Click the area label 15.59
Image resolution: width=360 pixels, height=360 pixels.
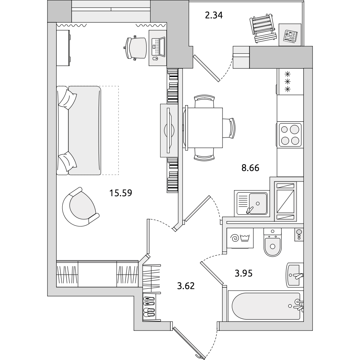click(121, 193)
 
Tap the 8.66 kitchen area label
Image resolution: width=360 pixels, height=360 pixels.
click(250, 168)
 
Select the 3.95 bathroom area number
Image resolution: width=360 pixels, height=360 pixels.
click(243, 273)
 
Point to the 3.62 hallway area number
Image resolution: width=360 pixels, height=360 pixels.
click(186, 286)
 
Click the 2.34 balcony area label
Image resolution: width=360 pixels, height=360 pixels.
click(214, 15)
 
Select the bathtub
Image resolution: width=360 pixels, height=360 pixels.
click(266, 306)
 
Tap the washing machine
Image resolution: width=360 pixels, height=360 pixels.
click(240, 238)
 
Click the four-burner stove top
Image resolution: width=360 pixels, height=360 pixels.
click(290, 135)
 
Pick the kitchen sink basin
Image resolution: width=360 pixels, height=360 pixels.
click(258, 203)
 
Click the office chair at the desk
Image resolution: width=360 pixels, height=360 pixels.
click(136, 48)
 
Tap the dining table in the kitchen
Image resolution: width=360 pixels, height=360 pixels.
click(203, 128)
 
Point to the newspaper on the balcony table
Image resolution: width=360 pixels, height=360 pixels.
click(290, 36)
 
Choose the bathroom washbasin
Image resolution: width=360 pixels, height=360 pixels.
click(294, 275)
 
